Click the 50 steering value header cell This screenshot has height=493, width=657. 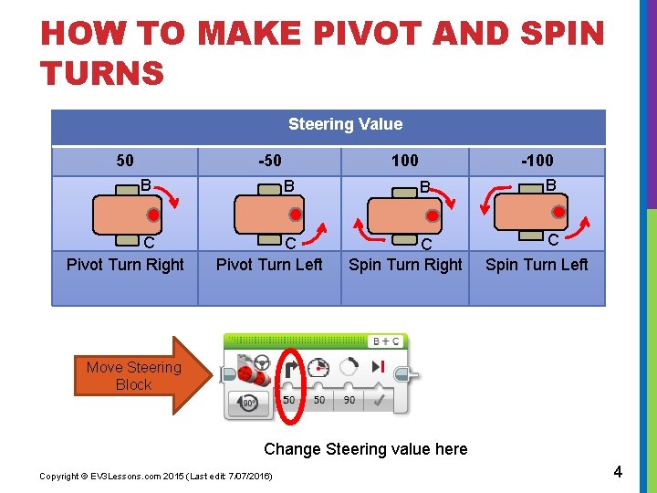click(125, 162)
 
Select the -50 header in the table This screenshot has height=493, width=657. click(269, 162)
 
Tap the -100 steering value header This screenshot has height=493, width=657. click(537, 162)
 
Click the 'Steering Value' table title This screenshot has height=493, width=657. click(345, 124)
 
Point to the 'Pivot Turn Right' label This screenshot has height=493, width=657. click(125, 265)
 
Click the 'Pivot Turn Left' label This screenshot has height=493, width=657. click(269, 265)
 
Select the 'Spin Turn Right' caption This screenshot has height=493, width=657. click(405, 265)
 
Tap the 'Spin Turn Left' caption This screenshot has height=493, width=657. click(537, 265)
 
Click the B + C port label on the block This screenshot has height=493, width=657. click(385, 341)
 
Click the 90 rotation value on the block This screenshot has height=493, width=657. click(349, 400)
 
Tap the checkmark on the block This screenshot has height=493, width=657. click(377, 400)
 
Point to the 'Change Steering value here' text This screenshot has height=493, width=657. click(365, 448)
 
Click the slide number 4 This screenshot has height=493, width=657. click(618, 472)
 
